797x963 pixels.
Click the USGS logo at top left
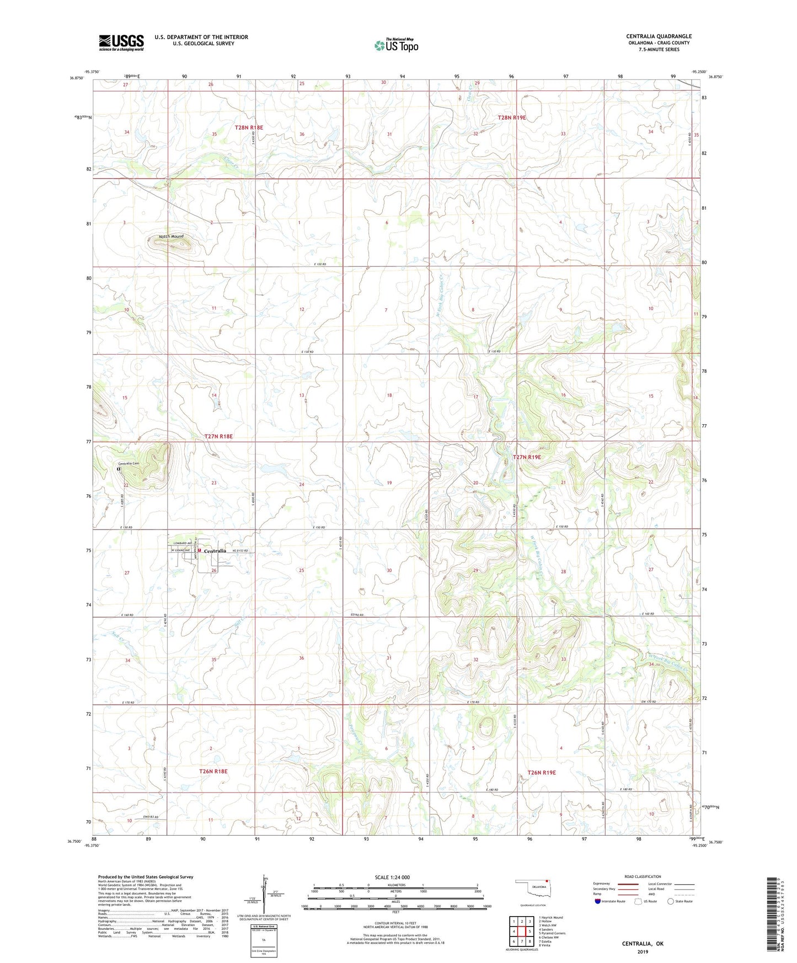point(121,42)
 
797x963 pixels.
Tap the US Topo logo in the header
point(396,45)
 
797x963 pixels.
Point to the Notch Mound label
point(171,237)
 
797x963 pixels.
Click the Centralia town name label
point(215,551)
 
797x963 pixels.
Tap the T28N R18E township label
point(249,127)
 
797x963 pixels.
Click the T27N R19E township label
point(527,457)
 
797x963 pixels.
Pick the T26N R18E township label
point(213,771)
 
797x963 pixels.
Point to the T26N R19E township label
point(542,773)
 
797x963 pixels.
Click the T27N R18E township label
point(218,436)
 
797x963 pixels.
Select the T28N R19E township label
point(512,117)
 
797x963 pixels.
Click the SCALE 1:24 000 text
point(392,878)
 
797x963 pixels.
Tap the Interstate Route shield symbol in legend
point(598,901)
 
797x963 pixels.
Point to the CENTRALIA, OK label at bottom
point(643,944)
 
